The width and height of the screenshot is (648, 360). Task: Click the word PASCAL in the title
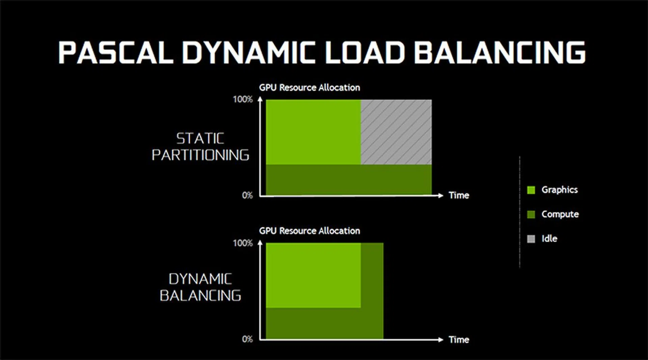[x=116, y=53]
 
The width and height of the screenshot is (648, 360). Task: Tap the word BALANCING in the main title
[x=500, y=53]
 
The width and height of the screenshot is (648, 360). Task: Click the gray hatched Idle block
[x=396, y=132]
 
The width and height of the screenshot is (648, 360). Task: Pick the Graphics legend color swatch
[x=531, y=190]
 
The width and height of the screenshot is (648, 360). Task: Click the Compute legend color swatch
[x=531, y=214]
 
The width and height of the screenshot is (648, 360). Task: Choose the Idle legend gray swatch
[x=531, y=239]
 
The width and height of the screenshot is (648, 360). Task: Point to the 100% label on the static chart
[x=243, y=99]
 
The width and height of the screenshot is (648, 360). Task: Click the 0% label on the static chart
[x=247, y=196]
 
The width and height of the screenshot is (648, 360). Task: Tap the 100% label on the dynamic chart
[x=243, y=243]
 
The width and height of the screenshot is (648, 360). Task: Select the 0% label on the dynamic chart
[x=247, y=339]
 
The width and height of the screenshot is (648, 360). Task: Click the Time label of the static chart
[x=459, y=196]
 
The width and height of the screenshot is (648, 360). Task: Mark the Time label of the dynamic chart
[x=459, y=340]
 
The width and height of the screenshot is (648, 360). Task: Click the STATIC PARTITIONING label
[x=200, y=147]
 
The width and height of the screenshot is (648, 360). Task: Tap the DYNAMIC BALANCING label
[x=200, y=287]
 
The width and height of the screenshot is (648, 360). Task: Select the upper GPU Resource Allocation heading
[x=309, y=88]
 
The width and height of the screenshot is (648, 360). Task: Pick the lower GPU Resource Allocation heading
[x=309, y=231]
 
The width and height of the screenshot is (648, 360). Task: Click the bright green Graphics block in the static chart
[x=313, y=132]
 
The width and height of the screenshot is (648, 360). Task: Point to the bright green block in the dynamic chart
[x=313, y=276]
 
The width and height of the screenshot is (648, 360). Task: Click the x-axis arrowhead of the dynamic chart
[x=440, y=340]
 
